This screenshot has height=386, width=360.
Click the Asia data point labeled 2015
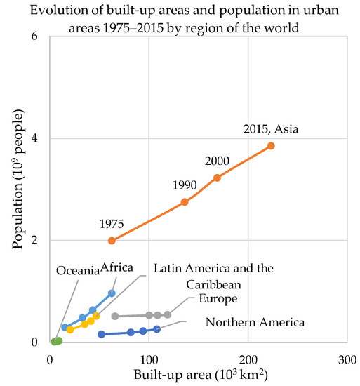[x=271, y=146]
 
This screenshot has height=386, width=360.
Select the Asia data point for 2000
[x=217, y=178]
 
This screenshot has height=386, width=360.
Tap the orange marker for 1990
[x=185, y=201]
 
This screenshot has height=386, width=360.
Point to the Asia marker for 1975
[x=112, y=240]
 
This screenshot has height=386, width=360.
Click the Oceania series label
[x=78, y=271]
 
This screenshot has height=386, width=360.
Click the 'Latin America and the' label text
[x=213, y=268]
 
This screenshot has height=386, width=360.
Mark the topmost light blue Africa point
[x=112, y=293]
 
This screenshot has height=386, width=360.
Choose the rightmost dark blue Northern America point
[x=156, y=328]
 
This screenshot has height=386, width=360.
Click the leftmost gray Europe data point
[x=115, y=317]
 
